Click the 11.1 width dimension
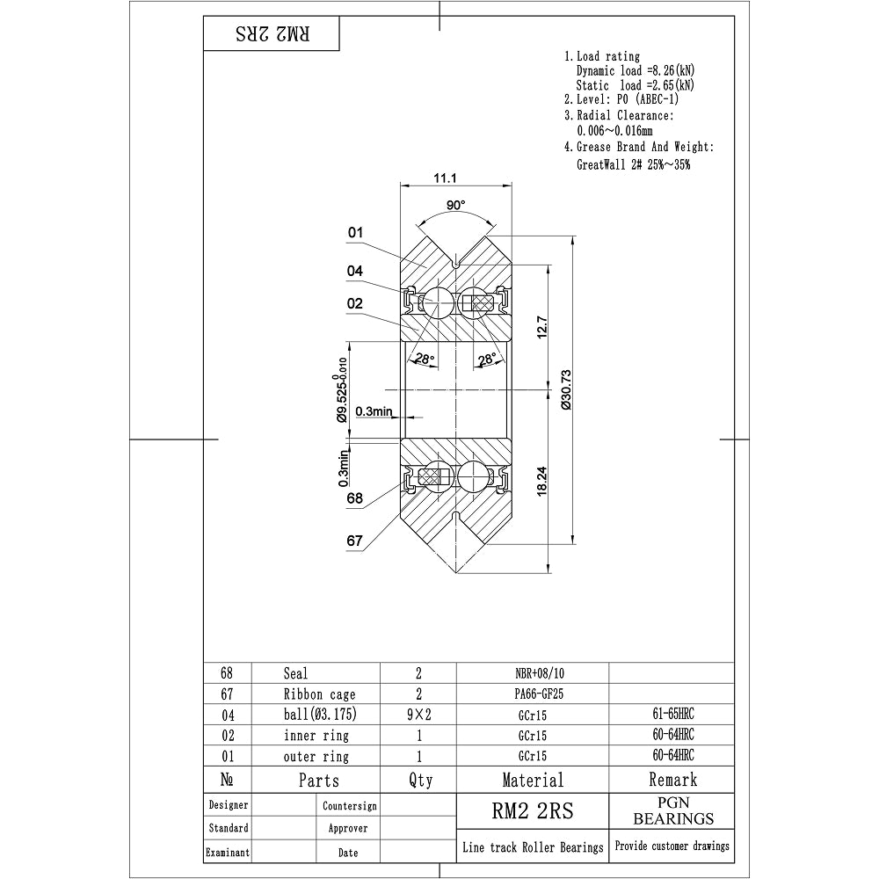(445, 178)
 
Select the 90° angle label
(455, 205)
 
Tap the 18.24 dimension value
(542, 480)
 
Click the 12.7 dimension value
(542, 326)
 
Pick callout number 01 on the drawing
(355, 233)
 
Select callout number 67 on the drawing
(354, 541)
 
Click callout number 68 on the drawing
(354, 498)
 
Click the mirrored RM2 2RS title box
(272, 34)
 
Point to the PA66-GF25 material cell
(533, 694)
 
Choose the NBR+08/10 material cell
(533, 673)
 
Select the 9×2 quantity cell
(418, 715)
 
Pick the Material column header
(533, 779)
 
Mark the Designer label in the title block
(229, 804)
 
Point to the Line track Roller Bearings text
(533, 847)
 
